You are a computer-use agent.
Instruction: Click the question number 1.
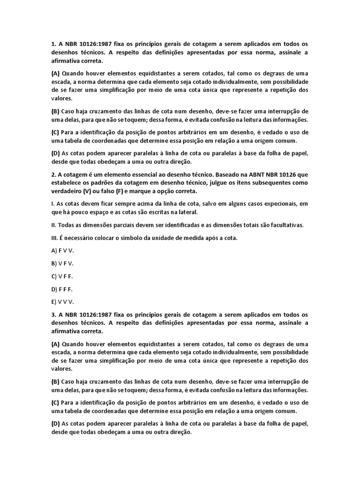click(x=53, y=44)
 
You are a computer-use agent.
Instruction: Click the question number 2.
click(x=53, y=175)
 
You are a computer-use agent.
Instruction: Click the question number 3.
click(x=53, y=314)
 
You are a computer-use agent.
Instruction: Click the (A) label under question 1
click(x=55, y=73)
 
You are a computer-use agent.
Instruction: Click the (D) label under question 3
click(x=55, y=424)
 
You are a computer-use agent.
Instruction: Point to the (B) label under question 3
click(x=55, y=381)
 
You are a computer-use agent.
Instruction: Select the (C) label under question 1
click(x=55, y=132)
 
